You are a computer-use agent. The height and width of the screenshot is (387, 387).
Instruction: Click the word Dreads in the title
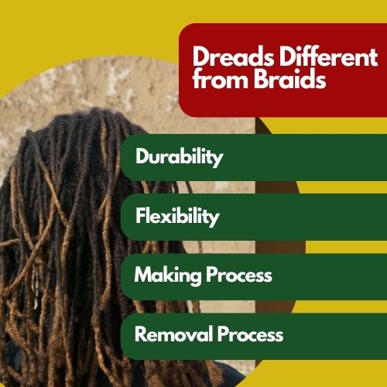pyautogui.click(x=233, y=57)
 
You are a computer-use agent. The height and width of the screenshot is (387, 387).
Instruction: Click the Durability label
pyautogui.click(x=180, y=157)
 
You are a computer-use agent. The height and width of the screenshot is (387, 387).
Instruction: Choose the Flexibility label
pyautogui.click(x=177, y=217)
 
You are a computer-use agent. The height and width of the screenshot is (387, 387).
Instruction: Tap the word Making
pyautogui.click(x=168, y=276)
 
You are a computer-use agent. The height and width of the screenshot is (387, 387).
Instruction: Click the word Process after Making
pyautogui.click(x=239, y=275)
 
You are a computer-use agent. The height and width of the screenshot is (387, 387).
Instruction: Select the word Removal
pyautogui.click(x=173, y=334)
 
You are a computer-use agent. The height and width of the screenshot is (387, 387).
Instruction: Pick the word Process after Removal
pyautogui.click(x=250, y=334)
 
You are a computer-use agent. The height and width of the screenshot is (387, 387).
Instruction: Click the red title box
pyautogui.click(x=283, y=70)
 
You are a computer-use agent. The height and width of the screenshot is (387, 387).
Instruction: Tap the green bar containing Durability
pyautogui.click(x=254, y=157)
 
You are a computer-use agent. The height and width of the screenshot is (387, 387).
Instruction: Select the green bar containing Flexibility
pyautogui.click(x=254, y=217)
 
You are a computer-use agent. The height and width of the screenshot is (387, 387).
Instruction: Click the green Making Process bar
pyautogui.click(x=254, y=276)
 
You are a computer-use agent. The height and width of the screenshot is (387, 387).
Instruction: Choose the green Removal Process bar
pyautogui.click(x=254, y=336)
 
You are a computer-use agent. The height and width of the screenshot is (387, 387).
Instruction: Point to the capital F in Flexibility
pyautogui.click(x=141, y=215)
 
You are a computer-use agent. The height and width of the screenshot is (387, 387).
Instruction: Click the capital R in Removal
pyautogui.click(x=142, y=334)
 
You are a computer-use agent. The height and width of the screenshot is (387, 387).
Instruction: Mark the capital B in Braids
pyautogui.click(x=260, y=78)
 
